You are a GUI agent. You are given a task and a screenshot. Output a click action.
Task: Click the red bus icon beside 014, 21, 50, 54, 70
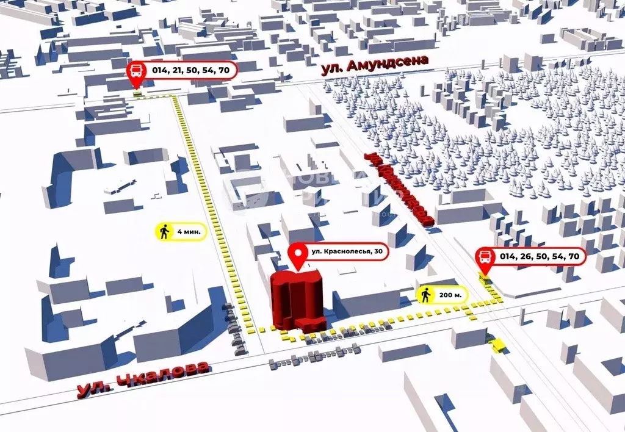point(136,70)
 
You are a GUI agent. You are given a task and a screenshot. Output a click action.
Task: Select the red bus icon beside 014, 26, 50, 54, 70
point(486,257)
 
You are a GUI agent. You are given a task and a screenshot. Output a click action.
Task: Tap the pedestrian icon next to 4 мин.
point(164,232)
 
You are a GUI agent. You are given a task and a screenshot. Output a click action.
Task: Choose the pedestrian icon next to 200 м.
point(426,295)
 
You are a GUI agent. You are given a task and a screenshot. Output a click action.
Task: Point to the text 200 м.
point(453,295)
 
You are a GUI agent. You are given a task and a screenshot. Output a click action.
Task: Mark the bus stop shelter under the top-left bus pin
point(138,93)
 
